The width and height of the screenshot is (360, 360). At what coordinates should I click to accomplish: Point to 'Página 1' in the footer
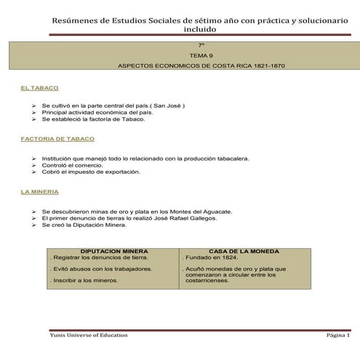(x=338, y=335)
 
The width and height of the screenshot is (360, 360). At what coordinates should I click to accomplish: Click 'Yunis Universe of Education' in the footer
(x=88, y=335)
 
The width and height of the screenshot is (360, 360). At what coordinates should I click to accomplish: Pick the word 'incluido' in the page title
(x=200, y=31)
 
